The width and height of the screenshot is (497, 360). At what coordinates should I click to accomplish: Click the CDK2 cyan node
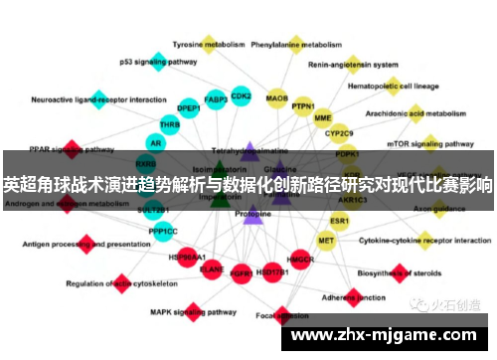241,96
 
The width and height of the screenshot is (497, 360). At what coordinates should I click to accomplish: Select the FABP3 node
215,100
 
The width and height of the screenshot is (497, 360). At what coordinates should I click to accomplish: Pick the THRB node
170,125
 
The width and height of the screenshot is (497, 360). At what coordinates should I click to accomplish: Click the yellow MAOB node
277,98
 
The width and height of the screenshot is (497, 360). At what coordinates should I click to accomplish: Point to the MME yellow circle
323,118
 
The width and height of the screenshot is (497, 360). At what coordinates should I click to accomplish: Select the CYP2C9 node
340,133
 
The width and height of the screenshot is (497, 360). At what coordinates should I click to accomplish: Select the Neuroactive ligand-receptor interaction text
98,100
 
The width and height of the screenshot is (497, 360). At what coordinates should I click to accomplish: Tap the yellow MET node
326,240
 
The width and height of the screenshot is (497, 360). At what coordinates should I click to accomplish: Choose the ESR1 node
340,220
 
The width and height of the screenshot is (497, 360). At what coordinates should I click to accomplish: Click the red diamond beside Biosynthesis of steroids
400,272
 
